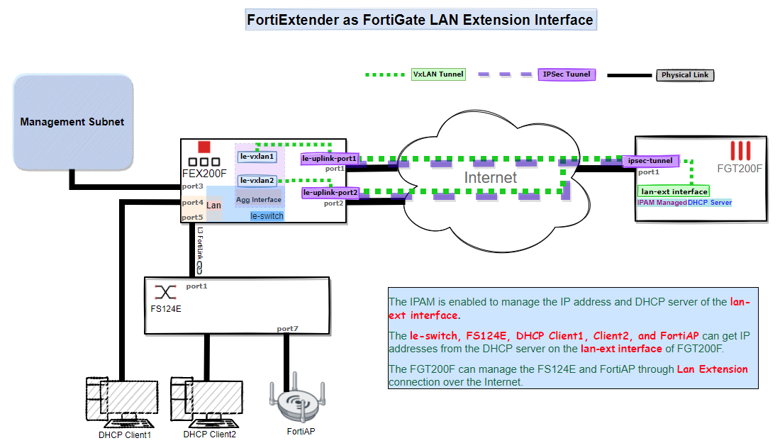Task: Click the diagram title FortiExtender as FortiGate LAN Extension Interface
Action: tap(420, 20)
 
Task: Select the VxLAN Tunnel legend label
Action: tap(438, 74)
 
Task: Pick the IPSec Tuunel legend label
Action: tap(567, 74)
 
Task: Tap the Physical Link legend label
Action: tap(684, 74)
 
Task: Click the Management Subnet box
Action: tap(72, 122)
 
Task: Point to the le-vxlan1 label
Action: tap(257, 156)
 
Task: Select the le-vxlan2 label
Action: tap(257, 181)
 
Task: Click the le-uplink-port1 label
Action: tap(330, 159)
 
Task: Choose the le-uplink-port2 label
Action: tap(331, 192)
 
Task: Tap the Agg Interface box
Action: tap(259, 200)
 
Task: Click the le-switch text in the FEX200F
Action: tap(267, 215)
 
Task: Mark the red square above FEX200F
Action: tap(204, 147)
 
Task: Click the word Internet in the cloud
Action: tap(491, 177)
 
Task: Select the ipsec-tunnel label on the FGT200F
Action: tap(651, 161)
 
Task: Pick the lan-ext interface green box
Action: tap(674, 191)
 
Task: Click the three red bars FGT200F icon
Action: tap(740, 150)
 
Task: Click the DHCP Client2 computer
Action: tap(207, 400)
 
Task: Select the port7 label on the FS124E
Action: tap(287, 329)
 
